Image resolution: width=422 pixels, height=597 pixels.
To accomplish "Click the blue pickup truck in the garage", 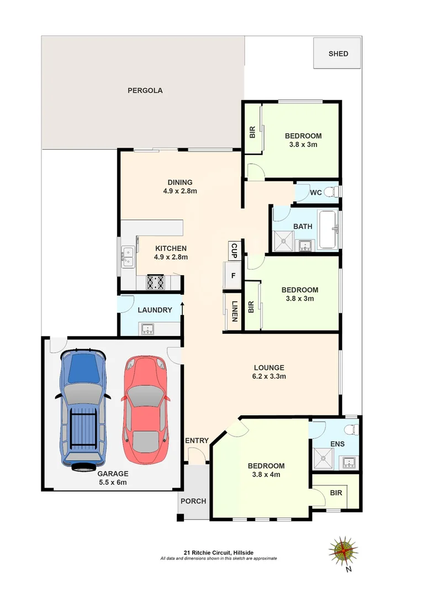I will [x=83, y=409].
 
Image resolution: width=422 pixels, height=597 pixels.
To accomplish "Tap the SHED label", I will [x=338, y=54].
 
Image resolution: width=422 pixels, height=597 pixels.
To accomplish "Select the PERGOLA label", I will [x=145, y=91].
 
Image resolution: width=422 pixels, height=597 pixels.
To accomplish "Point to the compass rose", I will [x=344, y=551].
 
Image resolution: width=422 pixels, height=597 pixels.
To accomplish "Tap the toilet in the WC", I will [x=330, y=192].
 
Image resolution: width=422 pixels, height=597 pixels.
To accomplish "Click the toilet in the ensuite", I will [x=350, y=431].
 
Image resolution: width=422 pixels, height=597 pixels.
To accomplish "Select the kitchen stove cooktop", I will [x=155, y=282].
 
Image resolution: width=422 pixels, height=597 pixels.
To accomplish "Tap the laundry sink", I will [x=148, y=329].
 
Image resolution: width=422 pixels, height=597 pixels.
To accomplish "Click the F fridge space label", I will [x=233, y=275].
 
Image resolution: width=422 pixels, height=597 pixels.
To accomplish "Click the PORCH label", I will [x=193, y=501].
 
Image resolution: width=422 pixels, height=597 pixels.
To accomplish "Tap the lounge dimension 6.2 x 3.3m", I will [x=269, y=376].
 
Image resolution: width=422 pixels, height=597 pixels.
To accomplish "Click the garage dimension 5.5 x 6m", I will [x=113, y=482].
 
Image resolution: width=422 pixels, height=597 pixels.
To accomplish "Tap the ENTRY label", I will [x=197, y=441].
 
